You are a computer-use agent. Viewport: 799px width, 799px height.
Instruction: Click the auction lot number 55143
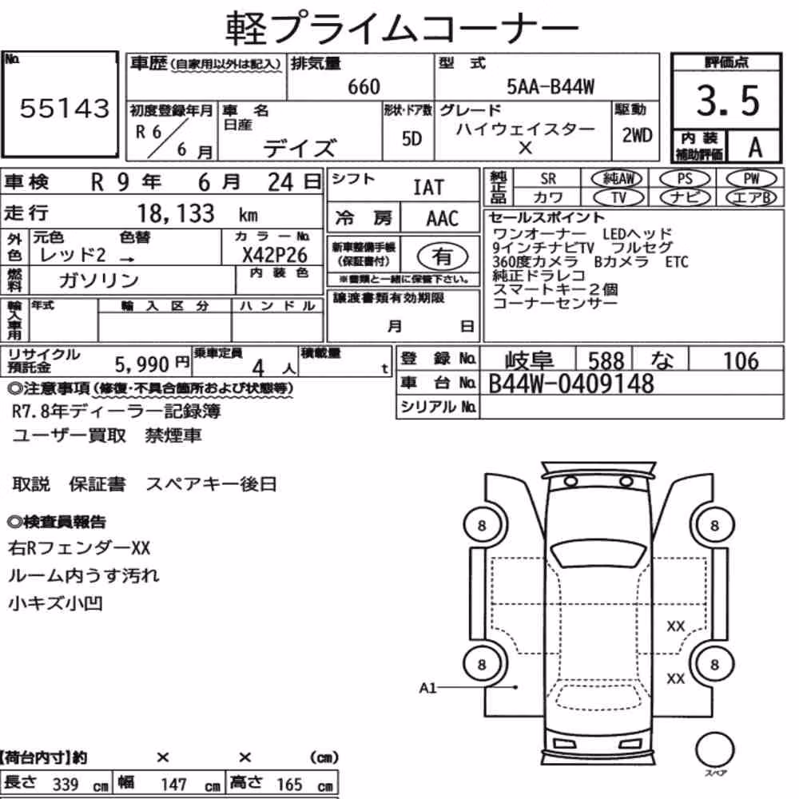point(64,108)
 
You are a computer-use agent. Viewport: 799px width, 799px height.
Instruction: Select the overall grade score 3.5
point(728,101)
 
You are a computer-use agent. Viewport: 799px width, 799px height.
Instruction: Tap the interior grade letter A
point(755,147)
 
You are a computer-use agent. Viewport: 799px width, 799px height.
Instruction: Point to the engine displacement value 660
point(364,86)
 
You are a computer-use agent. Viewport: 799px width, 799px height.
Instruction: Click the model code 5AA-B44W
point(551,86)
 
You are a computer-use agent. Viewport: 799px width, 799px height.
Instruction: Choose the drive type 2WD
point(637,135)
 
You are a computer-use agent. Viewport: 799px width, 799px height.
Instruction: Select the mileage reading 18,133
point(176,213)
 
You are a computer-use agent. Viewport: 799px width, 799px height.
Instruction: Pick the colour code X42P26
point(275,255)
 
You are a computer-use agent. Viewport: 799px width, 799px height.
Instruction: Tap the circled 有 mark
point(442,256)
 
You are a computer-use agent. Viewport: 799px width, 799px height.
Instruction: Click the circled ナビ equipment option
point(685,197)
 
